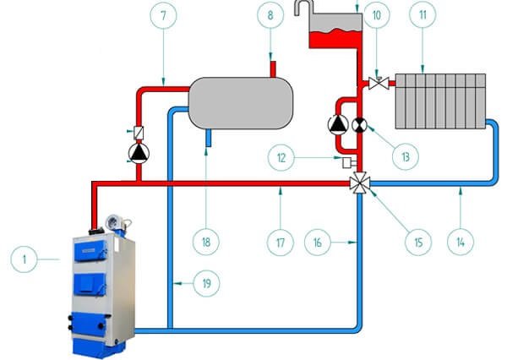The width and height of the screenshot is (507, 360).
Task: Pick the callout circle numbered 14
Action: tap(459, 243)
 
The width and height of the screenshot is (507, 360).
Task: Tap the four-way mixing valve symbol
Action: tap(358, 183)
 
